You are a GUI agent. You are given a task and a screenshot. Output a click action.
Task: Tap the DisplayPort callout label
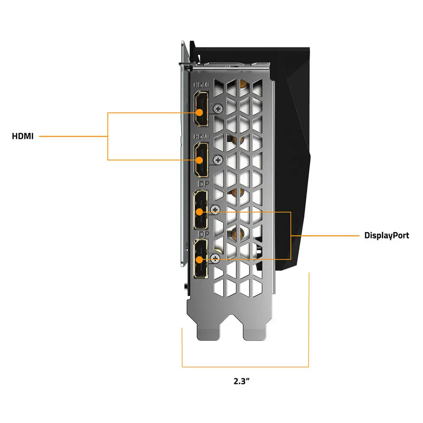click(x=387, y=235)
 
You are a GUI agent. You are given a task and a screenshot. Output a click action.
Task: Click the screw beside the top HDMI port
click(x=218, y=109)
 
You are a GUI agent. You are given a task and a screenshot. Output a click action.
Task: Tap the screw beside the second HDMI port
click(x=218, y=159)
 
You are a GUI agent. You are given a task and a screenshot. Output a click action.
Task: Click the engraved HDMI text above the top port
click(x=201, y=85)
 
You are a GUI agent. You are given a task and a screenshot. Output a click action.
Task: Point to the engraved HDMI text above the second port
click(x=201, y=136)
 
